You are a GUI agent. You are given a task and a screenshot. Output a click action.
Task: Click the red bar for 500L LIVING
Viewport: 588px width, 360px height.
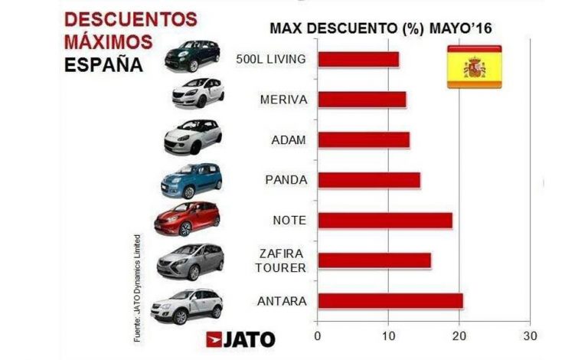358,60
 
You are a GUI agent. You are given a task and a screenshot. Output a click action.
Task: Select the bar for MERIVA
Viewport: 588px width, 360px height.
361,100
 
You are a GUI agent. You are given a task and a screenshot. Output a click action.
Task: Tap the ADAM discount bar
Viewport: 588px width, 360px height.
363,140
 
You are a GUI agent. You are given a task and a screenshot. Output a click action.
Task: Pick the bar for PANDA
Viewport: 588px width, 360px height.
368,180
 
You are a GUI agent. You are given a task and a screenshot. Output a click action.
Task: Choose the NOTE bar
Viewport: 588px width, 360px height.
384,221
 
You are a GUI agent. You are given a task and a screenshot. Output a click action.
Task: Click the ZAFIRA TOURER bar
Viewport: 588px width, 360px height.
374,260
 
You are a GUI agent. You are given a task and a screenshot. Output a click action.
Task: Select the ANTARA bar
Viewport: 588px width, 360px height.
390,301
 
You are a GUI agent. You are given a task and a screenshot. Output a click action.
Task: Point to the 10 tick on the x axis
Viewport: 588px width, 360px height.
388,335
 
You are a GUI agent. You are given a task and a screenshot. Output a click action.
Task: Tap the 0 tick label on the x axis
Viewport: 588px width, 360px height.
317,335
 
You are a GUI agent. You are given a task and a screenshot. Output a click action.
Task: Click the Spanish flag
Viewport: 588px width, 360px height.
475,67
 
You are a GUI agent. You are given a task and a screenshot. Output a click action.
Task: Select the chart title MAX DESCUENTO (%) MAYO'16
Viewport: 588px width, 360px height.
381,29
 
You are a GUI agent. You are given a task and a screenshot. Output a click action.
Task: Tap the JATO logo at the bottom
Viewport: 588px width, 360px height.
240,338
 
